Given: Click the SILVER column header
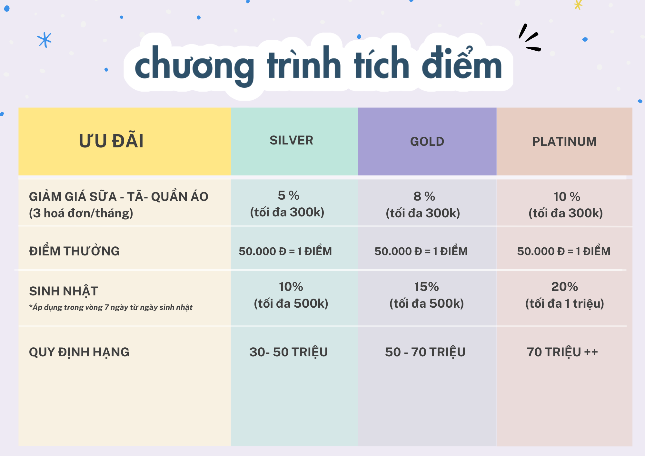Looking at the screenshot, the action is [291, 140].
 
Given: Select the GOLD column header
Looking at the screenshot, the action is [427, 142].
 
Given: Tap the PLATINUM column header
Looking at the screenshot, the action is [564, 142].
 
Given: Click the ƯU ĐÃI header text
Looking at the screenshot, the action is [111, 141].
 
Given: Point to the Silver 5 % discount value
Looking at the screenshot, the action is [289, 195].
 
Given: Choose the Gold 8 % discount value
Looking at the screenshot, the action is [424, 196].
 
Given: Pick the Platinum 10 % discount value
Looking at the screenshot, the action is [567, 197].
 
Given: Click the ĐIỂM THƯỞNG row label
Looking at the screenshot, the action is [74, 251].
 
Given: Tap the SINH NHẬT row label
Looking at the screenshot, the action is [64, 291].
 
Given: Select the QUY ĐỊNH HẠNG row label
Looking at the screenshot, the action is [79, 352].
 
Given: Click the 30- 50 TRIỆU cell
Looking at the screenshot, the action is [289, 352].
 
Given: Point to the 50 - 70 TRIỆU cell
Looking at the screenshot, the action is [425, 352].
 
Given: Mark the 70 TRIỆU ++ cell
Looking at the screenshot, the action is [562, 352].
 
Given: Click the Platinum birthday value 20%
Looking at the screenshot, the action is [564, 287].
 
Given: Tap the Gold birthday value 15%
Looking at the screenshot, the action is [426, 287].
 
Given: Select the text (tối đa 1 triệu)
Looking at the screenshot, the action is [565, 303].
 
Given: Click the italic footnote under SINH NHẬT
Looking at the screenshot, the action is [111, 307].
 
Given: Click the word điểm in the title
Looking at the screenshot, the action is [462, 63].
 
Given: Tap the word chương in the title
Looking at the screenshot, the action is [194, 66].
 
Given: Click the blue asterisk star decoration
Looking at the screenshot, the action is [45, 40].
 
